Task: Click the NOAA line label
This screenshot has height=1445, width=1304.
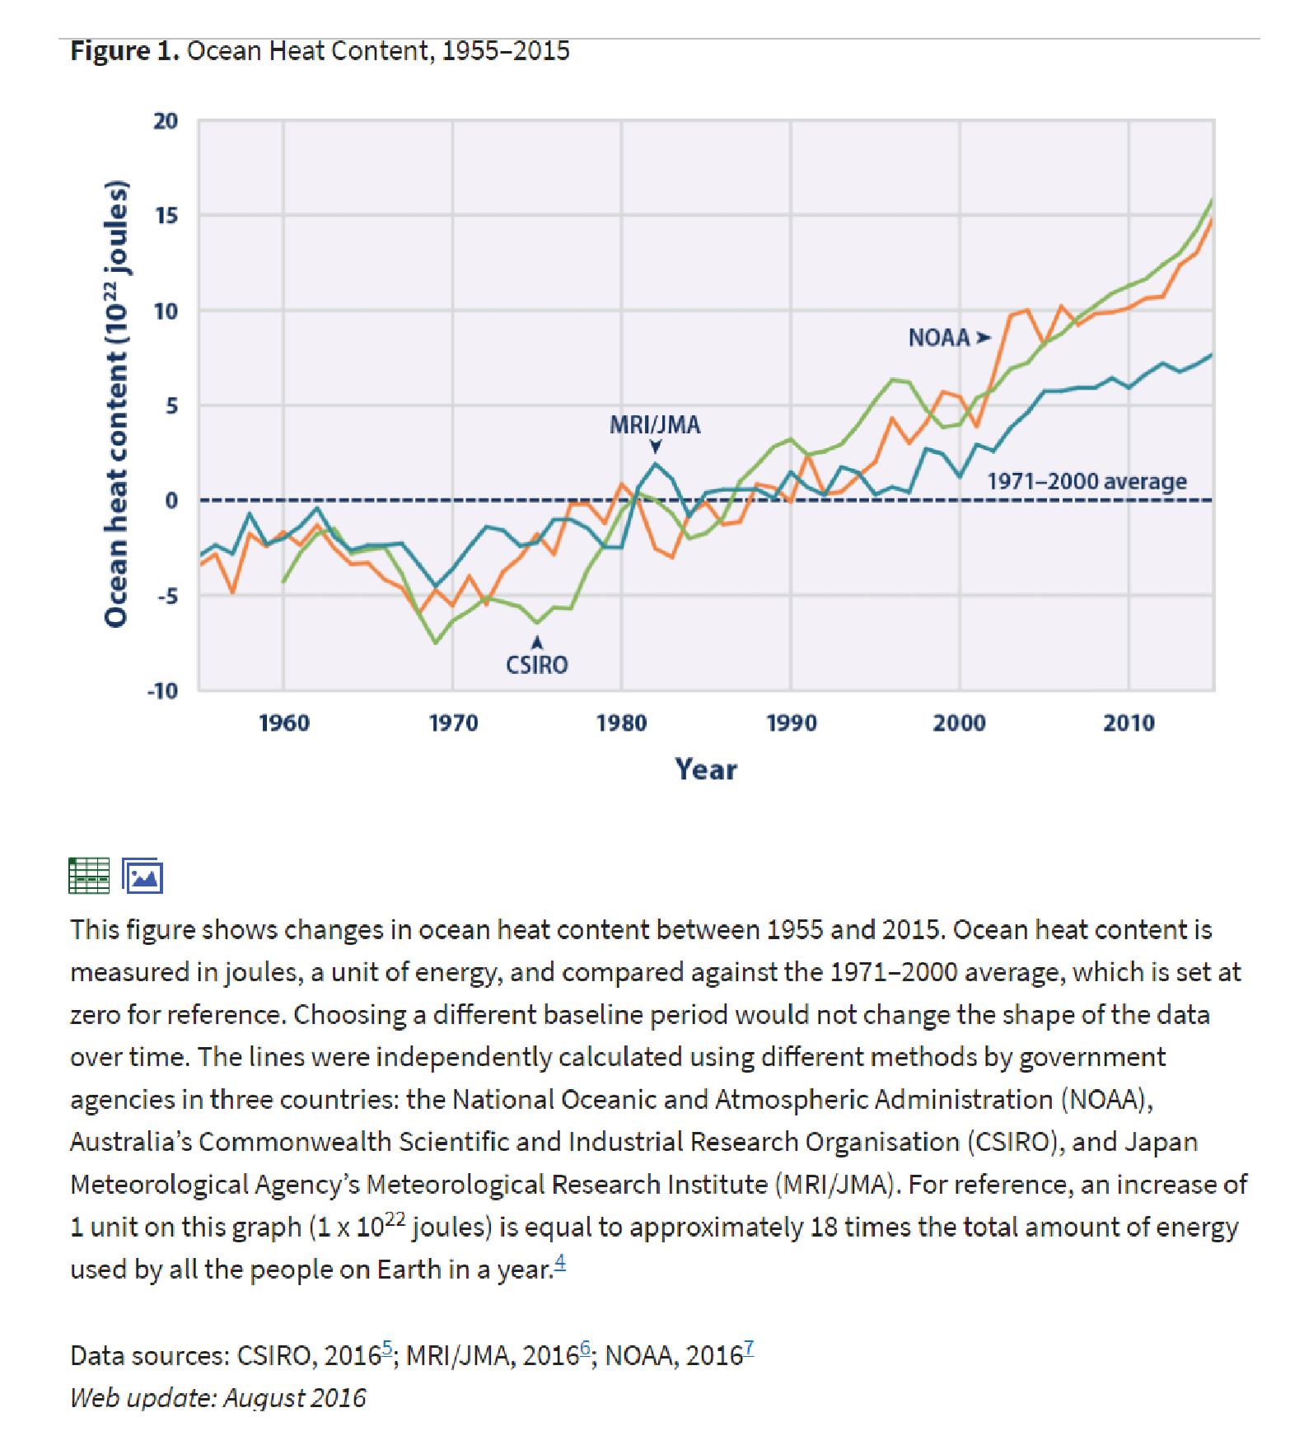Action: point(939,338)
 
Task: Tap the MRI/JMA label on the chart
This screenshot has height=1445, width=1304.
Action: point(655,424)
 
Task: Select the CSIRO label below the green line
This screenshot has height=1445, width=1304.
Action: point(537,665)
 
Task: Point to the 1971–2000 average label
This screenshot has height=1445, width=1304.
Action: point(1087,481)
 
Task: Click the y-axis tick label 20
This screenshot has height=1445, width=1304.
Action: point(166,121)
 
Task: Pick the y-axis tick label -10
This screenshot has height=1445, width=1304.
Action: point(162,690)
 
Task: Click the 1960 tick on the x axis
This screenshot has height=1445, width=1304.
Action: point(284,723)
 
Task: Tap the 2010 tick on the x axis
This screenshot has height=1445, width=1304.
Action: point(1129,723)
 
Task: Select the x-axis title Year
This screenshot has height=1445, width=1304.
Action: point(706,769)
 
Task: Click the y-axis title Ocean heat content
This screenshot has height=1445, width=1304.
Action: point(116,404)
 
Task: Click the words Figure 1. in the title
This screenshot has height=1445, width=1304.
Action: point(124,51)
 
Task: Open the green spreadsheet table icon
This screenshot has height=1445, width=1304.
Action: point(89,876)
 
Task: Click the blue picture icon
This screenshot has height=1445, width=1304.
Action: point(143,876)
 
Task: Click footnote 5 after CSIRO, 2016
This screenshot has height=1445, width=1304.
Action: point(387,1348)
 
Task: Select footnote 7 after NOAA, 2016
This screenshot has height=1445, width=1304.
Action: point(749,1348)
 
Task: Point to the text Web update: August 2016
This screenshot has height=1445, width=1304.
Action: point(218,1398)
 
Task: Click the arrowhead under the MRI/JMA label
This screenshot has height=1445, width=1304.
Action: point(656,447)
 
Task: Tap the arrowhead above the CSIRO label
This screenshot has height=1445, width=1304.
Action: point(537,642)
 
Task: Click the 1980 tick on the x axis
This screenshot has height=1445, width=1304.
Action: point(622,723)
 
